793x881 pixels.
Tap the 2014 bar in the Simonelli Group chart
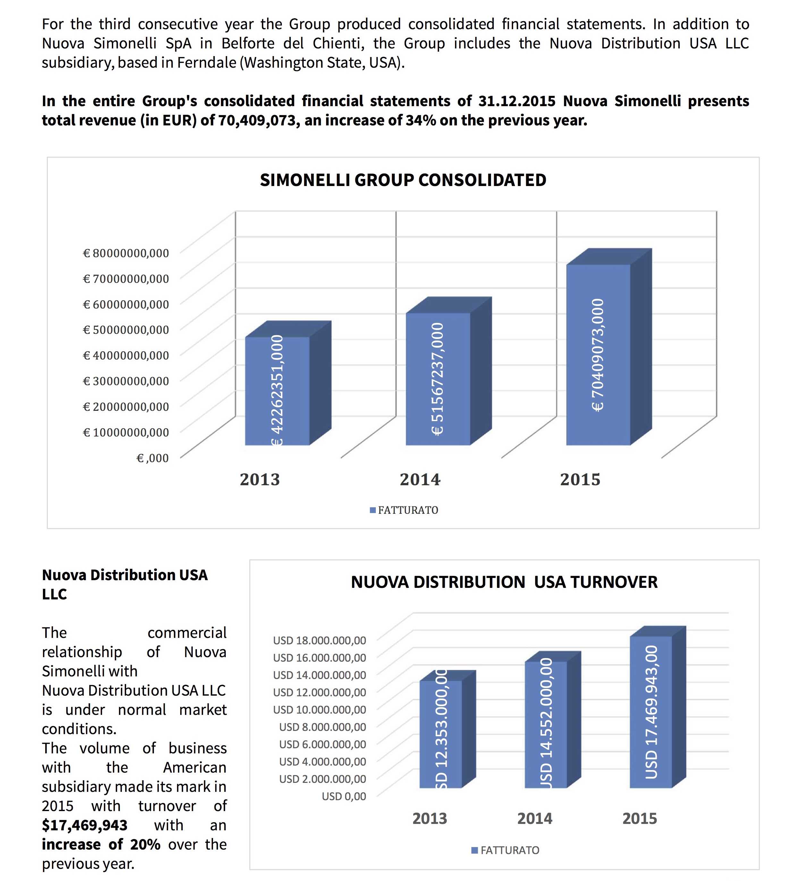(x=438, y=379)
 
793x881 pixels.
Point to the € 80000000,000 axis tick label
(x=126, y=253)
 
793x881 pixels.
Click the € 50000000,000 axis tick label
(x=126, y=330)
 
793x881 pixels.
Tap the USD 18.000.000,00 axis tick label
(x=319, y=640)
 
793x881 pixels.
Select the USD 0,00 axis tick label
(x=344, y=796)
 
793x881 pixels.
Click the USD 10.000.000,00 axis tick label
(x=319, y=709)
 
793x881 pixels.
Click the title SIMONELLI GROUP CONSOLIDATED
(x=403, y=180)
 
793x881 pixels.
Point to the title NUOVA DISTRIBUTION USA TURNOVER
(x=504, y=582)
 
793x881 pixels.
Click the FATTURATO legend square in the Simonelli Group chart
(x=373, y=510)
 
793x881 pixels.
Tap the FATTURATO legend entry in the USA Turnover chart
(x=505, y=850)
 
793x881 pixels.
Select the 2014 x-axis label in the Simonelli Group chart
(x=420, y=480)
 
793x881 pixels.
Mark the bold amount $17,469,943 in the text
(x=85, y=825)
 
